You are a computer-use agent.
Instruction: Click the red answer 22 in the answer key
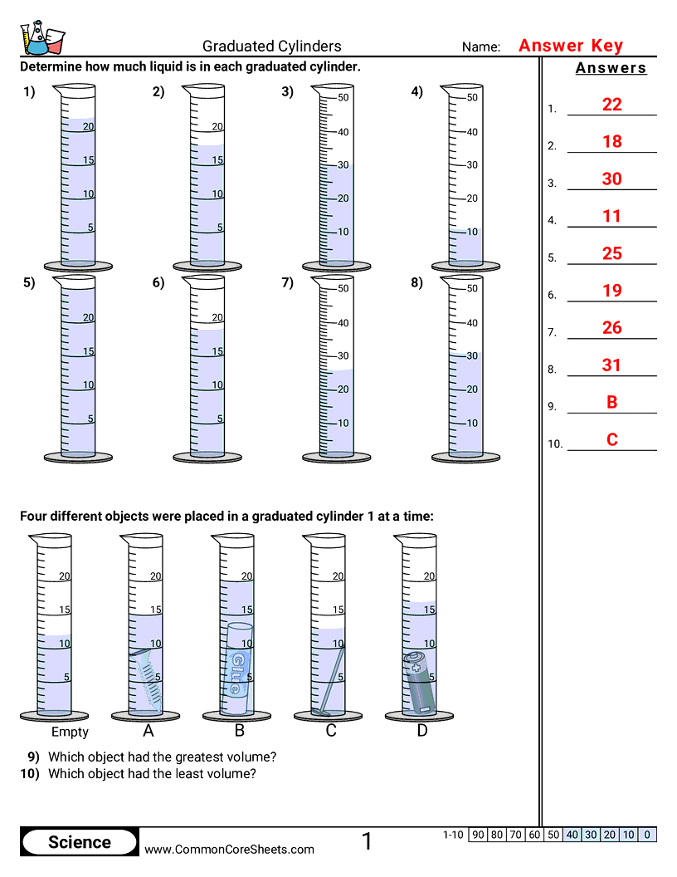[612, 105]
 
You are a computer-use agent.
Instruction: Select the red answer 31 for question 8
[612, 365]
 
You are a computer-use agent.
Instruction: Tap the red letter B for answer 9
[612, 403]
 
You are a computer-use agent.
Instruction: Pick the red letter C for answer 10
[612, 440]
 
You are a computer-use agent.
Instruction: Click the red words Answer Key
[571, 47]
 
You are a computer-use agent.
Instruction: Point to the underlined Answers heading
[611, 69]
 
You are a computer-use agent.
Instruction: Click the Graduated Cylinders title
[272, 47]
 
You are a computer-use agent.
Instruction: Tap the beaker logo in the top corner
[41, 38]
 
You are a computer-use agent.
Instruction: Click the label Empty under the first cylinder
[70, 732]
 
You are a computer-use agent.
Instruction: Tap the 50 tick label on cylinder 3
[343, 98]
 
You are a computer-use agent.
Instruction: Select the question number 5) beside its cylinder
[29, 283]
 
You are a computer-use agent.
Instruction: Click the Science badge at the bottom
[80, 843]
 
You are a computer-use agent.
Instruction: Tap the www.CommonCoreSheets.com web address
[230, 850]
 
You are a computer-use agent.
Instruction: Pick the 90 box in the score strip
[478, 835]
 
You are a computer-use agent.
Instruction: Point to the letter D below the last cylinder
[421, 732]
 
